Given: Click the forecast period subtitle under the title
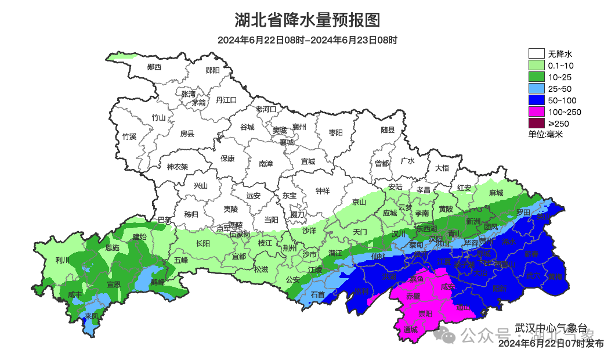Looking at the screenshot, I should (x=307, y=40).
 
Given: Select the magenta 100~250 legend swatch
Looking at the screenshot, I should (x=537, y=111).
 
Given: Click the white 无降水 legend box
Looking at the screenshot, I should (x=537, y=54).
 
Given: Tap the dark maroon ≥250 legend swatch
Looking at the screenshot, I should (x=537, y=123).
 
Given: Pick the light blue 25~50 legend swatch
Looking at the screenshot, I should (x=537, y=88).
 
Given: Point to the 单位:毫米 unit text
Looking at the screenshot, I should (x=545, y=135).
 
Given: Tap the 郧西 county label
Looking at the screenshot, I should (x=154, y=67).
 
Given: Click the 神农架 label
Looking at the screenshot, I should (x=178, y=167).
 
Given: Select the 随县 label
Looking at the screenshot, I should (x=388, y=130).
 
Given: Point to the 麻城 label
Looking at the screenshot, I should (x=496, y=193).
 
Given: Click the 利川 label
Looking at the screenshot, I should (x=62, y=260).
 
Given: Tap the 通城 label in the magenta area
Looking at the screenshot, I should (x=411, y=330).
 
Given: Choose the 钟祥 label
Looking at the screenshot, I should (x=323, y=190).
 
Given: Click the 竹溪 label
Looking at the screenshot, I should (x=129, y=137).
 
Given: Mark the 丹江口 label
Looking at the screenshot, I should (x=226, y=100).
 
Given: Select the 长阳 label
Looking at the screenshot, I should (x=203, y=244).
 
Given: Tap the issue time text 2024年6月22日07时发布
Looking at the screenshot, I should (x=551, y=344).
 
